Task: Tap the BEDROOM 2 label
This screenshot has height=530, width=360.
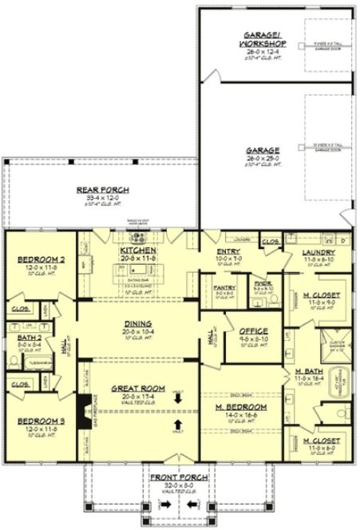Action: (38, 260)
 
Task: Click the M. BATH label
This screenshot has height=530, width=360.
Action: (307, 372)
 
